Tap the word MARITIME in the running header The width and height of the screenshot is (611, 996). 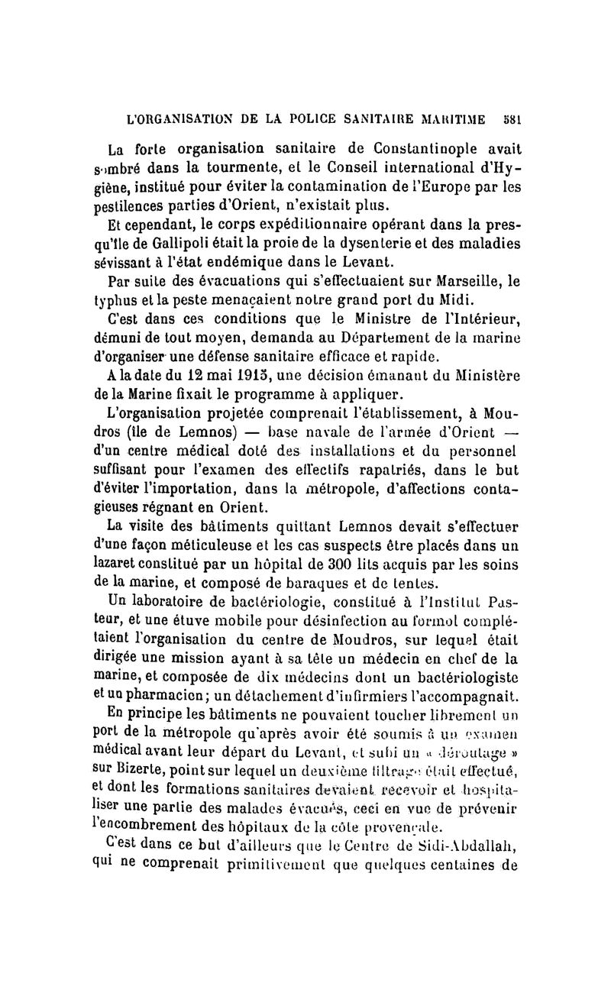tap(458, 119)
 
